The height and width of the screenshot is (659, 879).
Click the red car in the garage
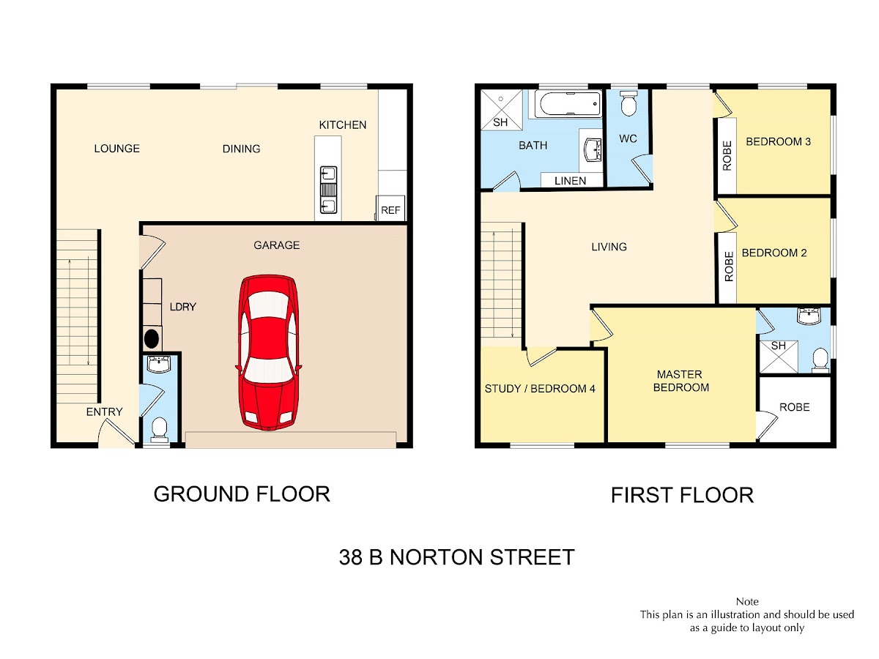coord(268,352)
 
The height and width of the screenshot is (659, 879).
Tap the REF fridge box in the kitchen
coord(390,208)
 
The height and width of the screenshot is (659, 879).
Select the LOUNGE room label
coord(117,149)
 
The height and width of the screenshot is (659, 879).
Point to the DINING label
coord(242,149)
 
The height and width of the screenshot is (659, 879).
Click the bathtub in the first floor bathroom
coord(568,104)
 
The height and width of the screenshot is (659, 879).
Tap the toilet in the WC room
coord(628,103)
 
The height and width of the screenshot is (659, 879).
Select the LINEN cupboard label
coord(570,181)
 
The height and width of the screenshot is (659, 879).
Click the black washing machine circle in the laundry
coord(152,339)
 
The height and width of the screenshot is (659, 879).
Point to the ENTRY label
coord(105,412)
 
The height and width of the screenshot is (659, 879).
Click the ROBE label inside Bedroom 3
coord(727,156)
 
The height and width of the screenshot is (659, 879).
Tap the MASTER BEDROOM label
coord(680,381)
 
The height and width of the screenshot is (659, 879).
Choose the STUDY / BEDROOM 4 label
coord(540,389)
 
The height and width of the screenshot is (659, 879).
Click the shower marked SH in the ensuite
coord(779,356)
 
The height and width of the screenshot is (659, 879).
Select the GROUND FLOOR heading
coord(242,494)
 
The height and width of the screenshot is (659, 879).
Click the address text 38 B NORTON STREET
coord(457,557)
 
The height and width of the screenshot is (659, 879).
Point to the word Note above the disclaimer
coord(747,601)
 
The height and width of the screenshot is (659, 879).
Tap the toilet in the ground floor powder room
coord(160,430)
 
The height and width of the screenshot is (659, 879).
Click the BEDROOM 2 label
coord(774,253)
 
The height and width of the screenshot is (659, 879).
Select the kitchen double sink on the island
coord(328,190)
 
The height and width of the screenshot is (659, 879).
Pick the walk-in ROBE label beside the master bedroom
coord(795,407)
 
